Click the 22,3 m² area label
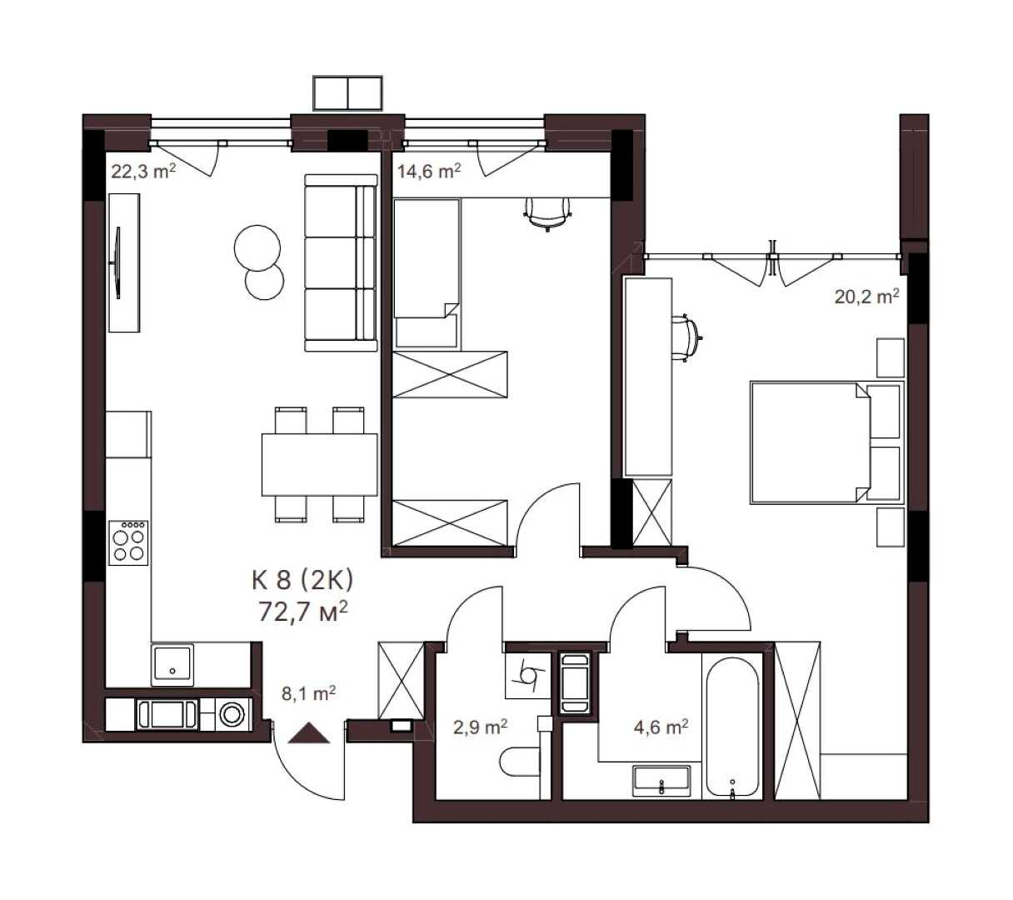point(143,172)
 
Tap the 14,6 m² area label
point(428,172)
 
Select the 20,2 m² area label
point(866,297)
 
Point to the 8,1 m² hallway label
point(308,693)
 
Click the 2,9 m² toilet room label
point(480,727)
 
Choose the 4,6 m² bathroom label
point(661,727)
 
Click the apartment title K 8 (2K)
point(302,580)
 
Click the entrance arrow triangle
point(309,732)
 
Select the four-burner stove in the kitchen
point(128,542)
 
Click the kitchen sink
point(172,665)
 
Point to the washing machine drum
point(232,714)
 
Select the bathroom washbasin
point(661,781)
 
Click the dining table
point(320,465)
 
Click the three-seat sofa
point(341,263)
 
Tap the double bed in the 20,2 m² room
point(827,442)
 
